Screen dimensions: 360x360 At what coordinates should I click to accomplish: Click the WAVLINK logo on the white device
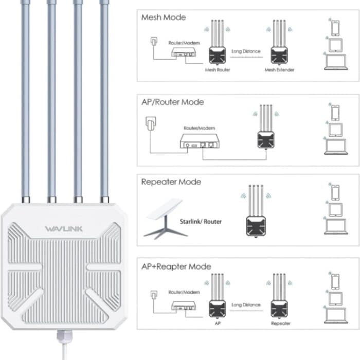tap(63, 229)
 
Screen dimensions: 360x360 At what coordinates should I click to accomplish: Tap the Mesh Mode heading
tap(164, 17)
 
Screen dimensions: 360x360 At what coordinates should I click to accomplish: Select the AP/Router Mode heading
tap(172, 102)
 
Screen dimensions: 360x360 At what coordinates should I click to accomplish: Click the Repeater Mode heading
tap(171, 182)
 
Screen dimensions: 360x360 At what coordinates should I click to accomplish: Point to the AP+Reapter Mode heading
tap(176, 266)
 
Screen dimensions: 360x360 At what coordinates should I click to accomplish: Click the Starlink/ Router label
tap(201, 222)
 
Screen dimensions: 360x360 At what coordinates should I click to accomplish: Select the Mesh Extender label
tap(279, 69)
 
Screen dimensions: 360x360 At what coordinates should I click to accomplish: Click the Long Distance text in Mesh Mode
tap(246, 51)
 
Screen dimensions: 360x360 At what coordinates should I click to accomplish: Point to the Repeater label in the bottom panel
tap(280, 323)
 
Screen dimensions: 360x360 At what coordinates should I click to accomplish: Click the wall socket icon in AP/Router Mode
tap(151, 124)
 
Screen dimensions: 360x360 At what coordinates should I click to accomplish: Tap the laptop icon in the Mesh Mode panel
tap(335, 62)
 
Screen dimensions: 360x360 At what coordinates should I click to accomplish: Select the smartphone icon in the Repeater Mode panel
tap(335, 192)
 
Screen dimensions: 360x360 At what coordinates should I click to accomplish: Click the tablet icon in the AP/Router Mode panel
tap(335, 129)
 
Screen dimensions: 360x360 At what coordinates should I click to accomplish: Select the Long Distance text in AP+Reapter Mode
tap(246, 305)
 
